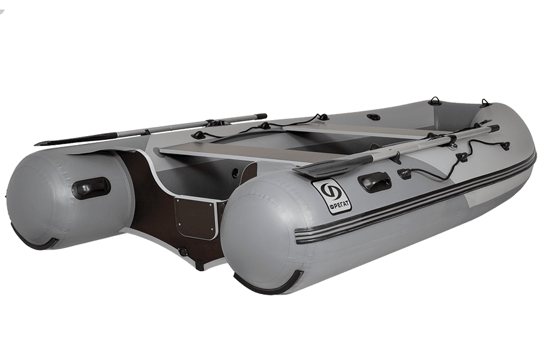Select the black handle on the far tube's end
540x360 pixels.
coord(91,187)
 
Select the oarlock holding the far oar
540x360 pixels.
coord(218,122)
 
